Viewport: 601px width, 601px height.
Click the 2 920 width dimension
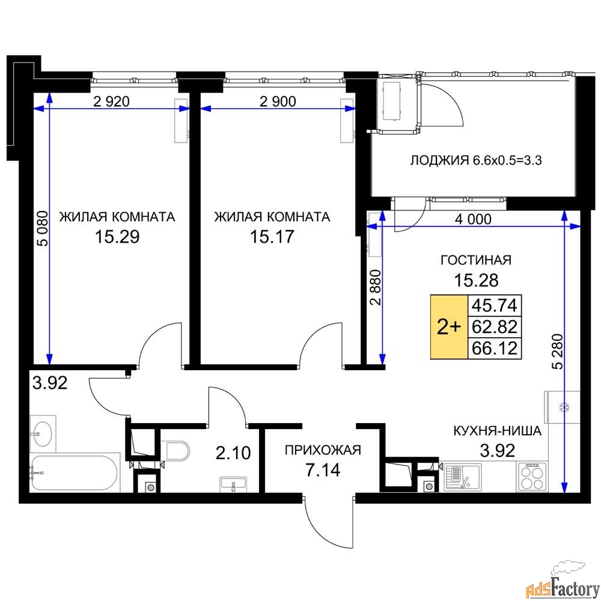click(112, 102)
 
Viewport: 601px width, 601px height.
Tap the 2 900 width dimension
click(278, 102)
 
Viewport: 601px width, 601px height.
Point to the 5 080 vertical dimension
click(44, 229)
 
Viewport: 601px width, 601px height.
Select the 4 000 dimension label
click(473, 219)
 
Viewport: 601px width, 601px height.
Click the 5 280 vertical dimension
click(558, 352)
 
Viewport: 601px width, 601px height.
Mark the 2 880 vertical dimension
click(376, 287)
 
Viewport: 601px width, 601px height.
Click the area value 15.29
click(117, 236)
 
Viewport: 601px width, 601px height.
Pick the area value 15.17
click(272, 236)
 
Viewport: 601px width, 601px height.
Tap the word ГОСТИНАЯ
click(476, 260)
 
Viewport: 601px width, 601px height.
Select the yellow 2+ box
click(449, 327)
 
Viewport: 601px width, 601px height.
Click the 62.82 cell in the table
click(495, 327)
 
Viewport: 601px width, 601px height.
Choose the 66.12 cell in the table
click(495, 349)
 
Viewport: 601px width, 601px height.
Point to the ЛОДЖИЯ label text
click(439, 160)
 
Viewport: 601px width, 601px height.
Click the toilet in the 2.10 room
click(175, 451)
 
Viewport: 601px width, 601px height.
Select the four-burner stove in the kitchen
click(532, 477)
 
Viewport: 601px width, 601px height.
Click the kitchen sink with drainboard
click(463, 477)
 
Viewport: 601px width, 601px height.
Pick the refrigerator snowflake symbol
click(564, 407)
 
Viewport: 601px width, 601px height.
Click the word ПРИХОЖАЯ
click(323, 450)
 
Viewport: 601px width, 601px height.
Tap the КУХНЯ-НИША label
click(497, 431)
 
